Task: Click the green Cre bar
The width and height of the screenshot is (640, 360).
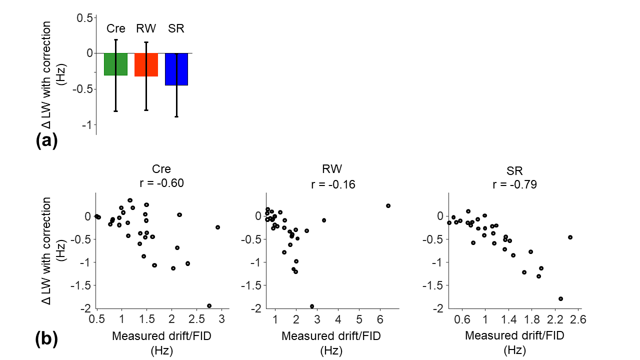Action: pos(115,64)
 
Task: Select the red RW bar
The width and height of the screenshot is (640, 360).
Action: pos(146,65)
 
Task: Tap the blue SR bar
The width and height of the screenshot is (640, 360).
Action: pos(176,69)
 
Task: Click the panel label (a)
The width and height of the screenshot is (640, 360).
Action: pos(46,140)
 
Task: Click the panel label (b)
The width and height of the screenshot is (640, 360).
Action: pos(46,339)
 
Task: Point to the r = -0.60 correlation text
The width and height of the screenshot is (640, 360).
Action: pos(161,183)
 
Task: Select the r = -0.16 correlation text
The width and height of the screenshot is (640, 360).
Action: pos(333,184)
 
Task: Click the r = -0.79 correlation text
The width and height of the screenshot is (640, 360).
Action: pos(515,184)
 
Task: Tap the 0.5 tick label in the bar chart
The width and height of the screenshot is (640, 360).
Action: pos(85,18)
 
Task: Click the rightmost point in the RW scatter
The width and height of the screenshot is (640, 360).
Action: pos(388,205)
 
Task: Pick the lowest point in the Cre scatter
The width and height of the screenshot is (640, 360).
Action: pos(209,305)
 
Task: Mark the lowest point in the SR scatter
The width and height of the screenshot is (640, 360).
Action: pos(560,299)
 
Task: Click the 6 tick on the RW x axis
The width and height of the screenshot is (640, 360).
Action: pos(380,319)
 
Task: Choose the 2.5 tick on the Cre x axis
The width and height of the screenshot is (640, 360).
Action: pos(196,319)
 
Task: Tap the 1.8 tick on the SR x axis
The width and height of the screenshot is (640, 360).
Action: pos(531,319)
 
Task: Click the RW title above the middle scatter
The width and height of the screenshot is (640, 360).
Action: pos(332,169)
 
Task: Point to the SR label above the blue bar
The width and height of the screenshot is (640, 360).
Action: pos(176,28)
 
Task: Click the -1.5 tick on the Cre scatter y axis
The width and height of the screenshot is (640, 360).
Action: pos(80,285)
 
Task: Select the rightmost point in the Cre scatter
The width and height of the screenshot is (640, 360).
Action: pos(217,227)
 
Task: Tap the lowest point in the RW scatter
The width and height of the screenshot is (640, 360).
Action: pos(311,306)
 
